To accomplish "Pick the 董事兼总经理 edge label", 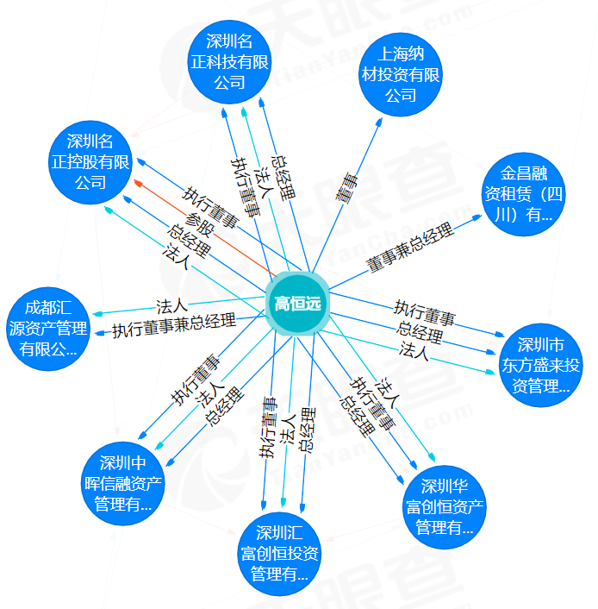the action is click(409, 248).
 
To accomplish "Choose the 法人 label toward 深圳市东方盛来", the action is click(414, 350).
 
